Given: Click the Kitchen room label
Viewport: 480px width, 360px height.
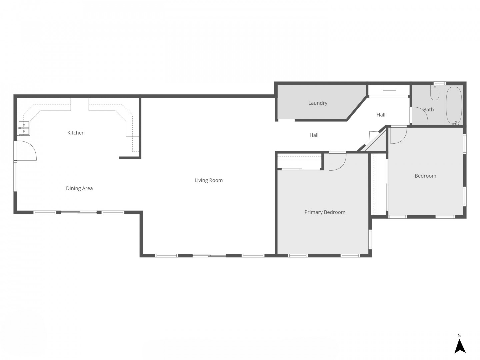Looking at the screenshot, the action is (76, 133).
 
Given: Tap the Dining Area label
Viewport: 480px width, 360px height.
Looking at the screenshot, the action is (79, 188).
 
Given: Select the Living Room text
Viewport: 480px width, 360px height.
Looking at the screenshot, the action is (209, 180).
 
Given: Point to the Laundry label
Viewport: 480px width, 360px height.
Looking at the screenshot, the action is (318, 103).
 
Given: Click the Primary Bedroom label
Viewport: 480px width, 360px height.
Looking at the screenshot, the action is (325, 212).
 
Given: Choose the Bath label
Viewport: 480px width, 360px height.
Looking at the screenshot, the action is (428, 110).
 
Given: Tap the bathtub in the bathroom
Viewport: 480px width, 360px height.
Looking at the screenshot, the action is (454, 106).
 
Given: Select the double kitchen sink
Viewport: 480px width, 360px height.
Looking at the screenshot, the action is (24, 128).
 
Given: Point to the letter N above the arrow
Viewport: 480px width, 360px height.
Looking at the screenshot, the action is (459, 335).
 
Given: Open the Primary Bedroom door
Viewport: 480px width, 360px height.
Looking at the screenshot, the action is (337, 162).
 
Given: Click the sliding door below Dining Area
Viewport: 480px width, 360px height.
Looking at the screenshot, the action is (79, 212).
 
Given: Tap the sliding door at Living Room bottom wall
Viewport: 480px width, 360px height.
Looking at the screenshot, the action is (209, 255).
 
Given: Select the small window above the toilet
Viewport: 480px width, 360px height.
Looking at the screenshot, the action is (440, 83).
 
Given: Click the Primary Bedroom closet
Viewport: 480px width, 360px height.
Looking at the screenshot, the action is (299, 162).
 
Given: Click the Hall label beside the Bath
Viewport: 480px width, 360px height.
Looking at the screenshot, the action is (381, 115).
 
